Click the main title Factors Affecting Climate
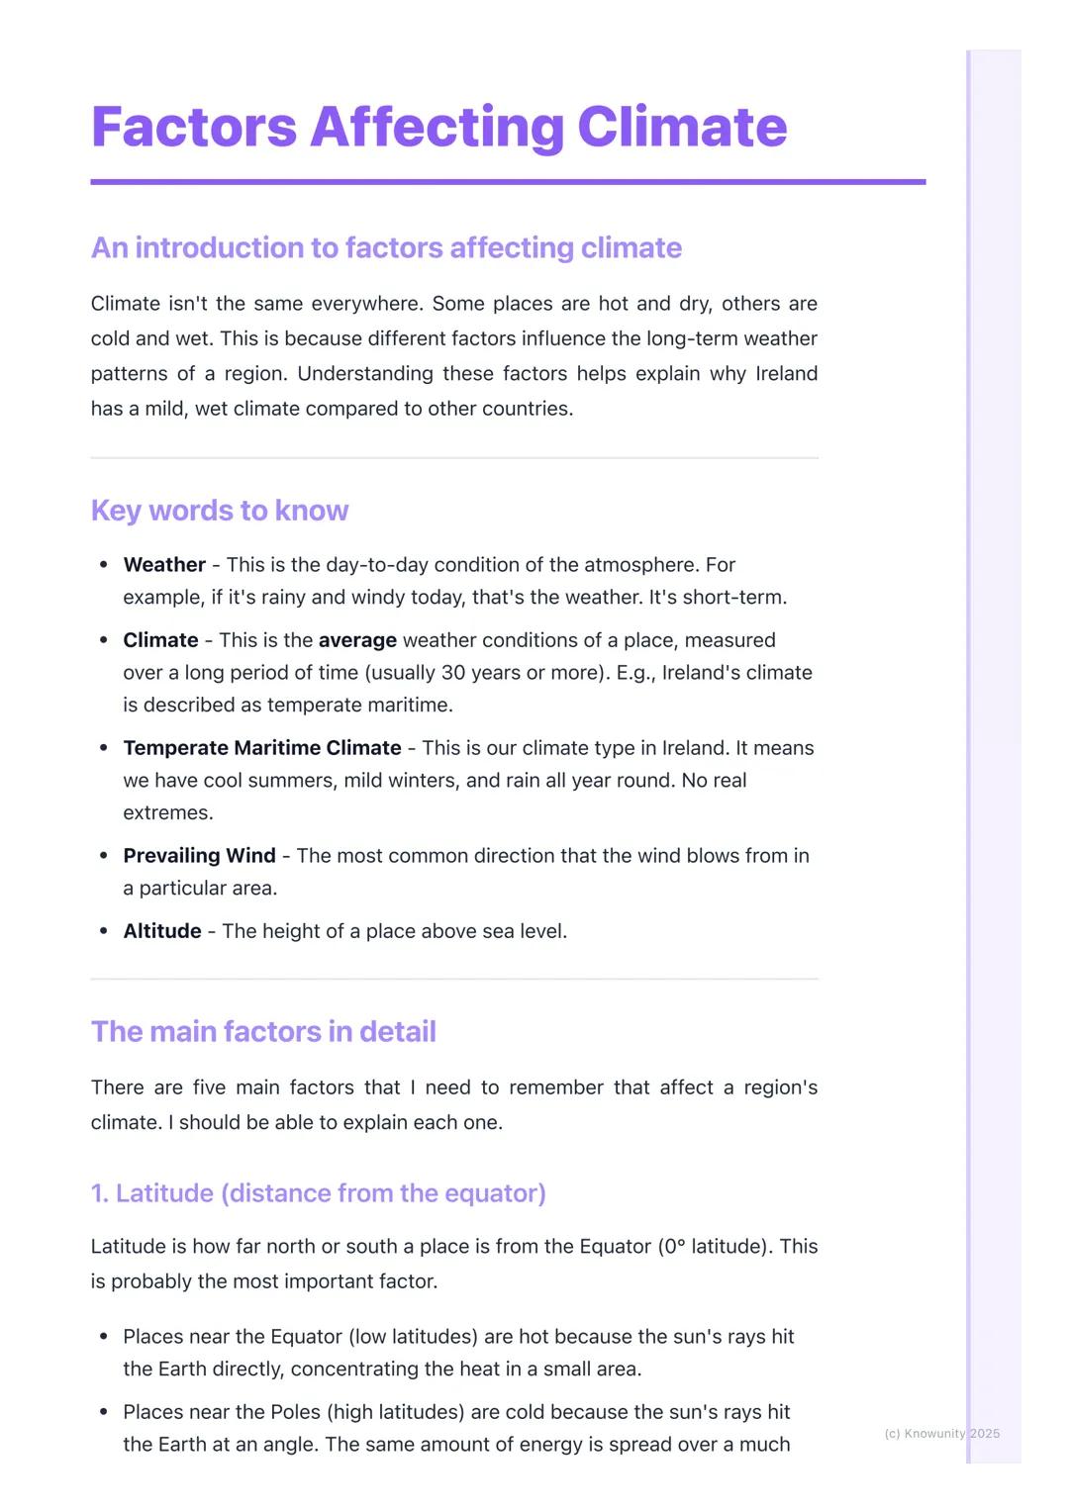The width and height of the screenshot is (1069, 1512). pyautogui.click(x=438, y=127)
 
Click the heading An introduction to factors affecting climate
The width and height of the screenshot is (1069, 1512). pyautogui.click(x=386, y=247)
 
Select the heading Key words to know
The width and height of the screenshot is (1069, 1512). pyautogui.click(x=219, y=511)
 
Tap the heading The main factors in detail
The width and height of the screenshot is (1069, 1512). pyautogui.click(x=263, y=1031)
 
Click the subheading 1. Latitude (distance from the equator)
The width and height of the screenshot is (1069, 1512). pyautogui.click(x=318, y=1193)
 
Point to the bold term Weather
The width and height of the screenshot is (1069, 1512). pyautogui.click(x=164, y=565)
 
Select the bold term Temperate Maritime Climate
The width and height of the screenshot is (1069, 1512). pyautogui.click(x=262, y=748)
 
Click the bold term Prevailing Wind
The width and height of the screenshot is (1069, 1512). pyautogui.click(x=199, y=856)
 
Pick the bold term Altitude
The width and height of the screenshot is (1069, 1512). pyautogui.click(x=162, y=931)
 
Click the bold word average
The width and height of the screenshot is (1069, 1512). pyautogui.click(x=357, y=640)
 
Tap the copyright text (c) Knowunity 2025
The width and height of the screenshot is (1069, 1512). pyautogui.click(x=941, y=1433)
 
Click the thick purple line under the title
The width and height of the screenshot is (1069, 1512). pyautogui.click(x=508, y=182)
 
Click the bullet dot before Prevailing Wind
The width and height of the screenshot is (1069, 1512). pyautogui.click(x=104, y=856)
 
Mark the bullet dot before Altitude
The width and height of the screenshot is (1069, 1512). pyautogui.click(x=104, y=931)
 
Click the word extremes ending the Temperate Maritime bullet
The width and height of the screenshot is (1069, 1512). pyautogui.click(x=167, y=813)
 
